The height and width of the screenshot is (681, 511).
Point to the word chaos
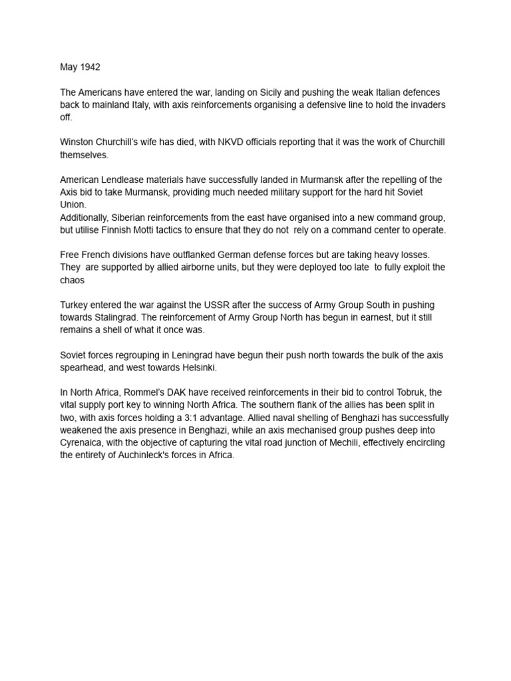[73, 279]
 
